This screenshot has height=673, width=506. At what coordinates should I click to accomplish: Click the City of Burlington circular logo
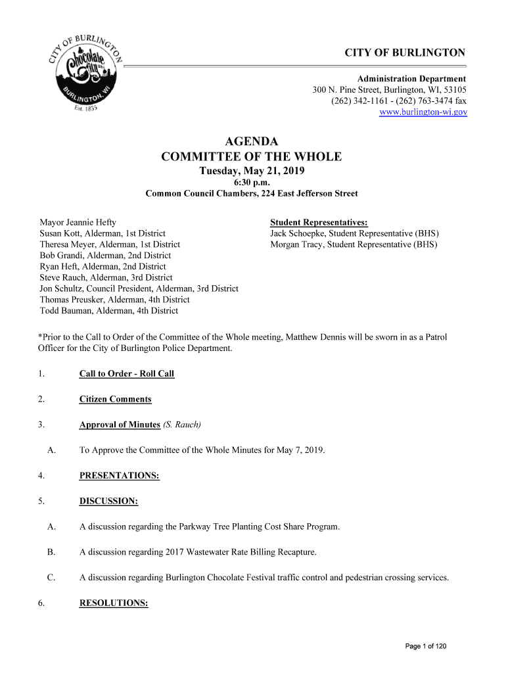(x=85, y=73)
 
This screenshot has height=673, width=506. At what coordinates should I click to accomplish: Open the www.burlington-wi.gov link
(x=423, y=112)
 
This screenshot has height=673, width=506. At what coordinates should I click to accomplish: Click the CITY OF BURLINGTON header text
(x=405, y=53)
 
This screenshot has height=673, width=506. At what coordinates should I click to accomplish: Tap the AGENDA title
(x=252, y=141)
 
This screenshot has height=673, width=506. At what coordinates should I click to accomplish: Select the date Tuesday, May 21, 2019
(x=252, y=171)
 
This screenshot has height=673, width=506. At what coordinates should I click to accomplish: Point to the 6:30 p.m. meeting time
(x=252, y=183)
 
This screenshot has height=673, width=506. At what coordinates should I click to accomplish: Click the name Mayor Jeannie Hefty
(x=78, y=222)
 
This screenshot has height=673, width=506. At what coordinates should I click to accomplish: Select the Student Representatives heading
(x=319, y=222)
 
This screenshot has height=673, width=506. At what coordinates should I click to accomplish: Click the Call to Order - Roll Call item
(x=127, y=374)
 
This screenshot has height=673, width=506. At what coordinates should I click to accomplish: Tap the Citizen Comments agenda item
(x=115, y=400)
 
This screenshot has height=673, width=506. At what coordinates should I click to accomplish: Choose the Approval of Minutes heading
(x=120, y=425)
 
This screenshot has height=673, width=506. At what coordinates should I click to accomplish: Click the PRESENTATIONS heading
(x=120, y=475)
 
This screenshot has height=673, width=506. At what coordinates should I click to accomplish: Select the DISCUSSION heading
(x=108, y=501)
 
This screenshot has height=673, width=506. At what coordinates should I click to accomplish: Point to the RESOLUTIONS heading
(x=114, y=603)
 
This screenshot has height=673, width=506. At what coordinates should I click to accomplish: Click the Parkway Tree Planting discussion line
(x=210, y=526)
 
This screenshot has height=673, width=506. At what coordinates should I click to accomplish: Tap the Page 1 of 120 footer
(x=425, y=647)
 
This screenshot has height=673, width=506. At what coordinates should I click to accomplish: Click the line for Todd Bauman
(x=108, y=311)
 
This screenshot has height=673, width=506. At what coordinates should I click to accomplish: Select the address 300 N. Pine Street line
(x=389, y=90)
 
